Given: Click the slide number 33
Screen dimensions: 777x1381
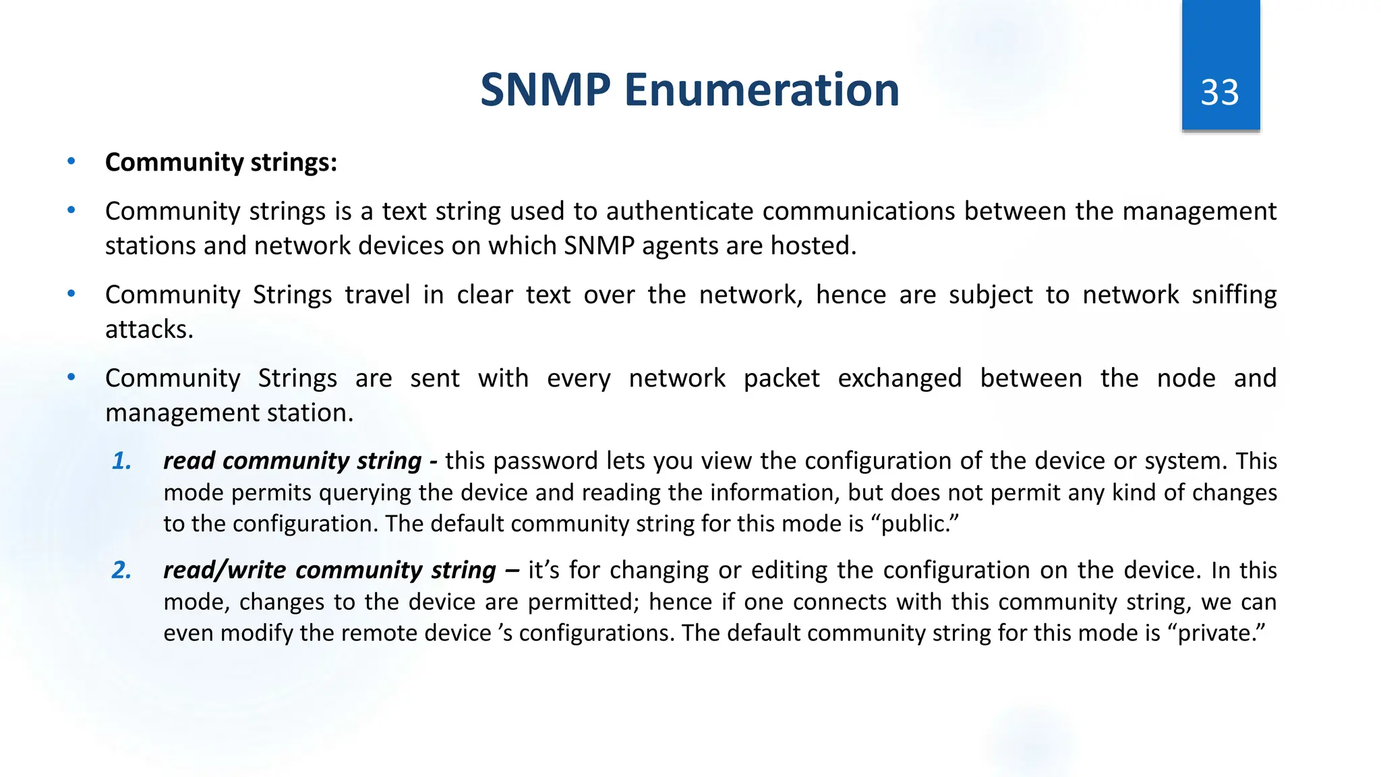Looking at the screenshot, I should click(1220, 92).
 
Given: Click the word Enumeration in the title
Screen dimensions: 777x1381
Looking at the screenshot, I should click(762, 90).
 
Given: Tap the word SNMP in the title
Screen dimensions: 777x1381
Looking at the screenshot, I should click(545, 90).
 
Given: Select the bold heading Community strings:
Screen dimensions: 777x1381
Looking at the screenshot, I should click(221, 163).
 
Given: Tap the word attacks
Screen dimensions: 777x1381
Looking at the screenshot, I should click(149, 330).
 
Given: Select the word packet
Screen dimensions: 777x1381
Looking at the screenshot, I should click(781, 378).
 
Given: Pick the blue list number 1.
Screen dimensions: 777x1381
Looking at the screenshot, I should click(121, 461).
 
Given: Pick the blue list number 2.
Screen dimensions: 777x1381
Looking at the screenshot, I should click(121, 571).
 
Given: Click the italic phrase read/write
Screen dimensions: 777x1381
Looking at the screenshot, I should click(225, 571).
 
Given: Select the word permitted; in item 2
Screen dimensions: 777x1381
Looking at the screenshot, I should click(583, 602).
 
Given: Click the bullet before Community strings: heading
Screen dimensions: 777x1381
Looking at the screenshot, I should click(71, 162).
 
